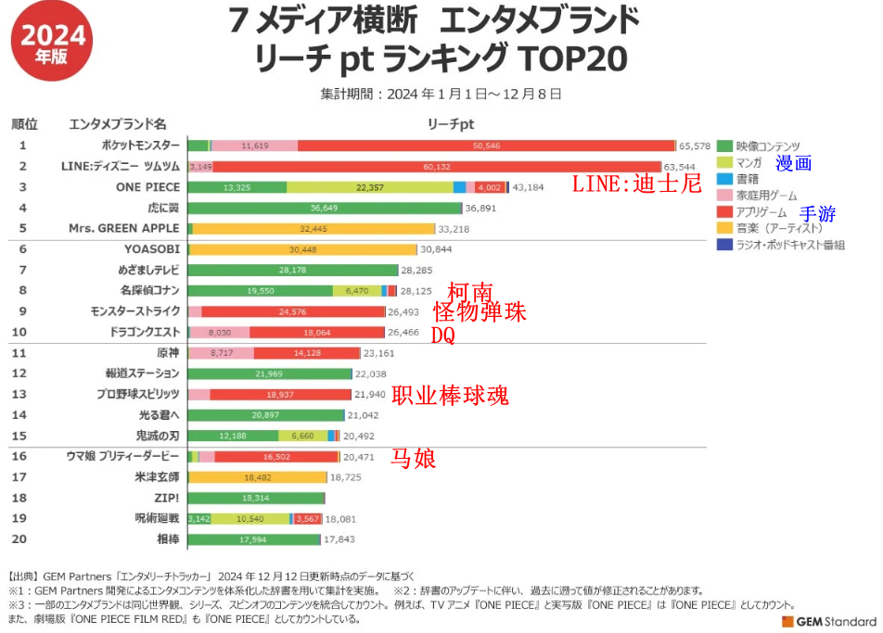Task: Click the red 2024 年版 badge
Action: pyautogui.click(x=53, y=43)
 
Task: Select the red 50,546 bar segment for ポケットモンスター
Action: pyautogui.click(x=486, y=146)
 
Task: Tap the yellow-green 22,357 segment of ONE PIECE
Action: pyautogui.click(x=369, y=187)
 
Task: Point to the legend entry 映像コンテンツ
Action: pyautogui.click(x=767, y=146)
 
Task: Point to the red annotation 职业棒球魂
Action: pyautogui.click(x=450, y=396)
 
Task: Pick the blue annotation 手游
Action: pyautogui.click(x=818, y=214)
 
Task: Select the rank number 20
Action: pyautogui.click(x=23, y=538)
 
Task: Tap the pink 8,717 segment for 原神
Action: pyautogui.click(x=221, y=353)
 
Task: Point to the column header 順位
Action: pyautogui.click(x=24, y=123)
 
